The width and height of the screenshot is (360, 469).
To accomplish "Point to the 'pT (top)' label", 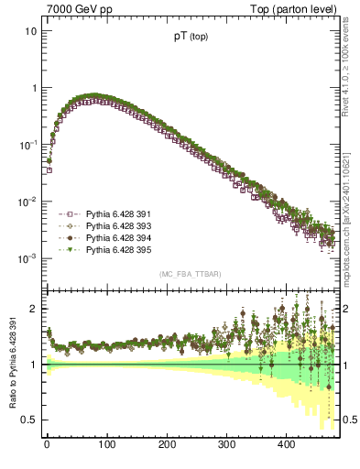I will (190, 39).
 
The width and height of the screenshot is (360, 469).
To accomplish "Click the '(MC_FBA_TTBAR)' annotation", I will (190, 274).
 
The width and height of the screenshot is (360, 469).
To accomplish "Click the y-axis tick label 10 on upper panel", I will (31, 31).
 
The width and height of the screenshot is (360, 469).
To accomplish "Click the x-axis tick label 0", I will (47, 444).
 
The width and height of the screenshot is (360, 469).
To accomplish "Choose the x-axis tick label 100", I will (106, 444).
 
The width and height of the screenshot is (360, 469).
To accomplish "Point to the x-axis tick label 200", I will (167, 444).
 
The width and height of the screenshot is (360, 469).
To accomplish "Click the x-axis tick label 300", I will (226, 444).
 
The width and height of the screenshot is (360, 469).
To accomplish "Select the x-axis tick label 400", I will (287, 444).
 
